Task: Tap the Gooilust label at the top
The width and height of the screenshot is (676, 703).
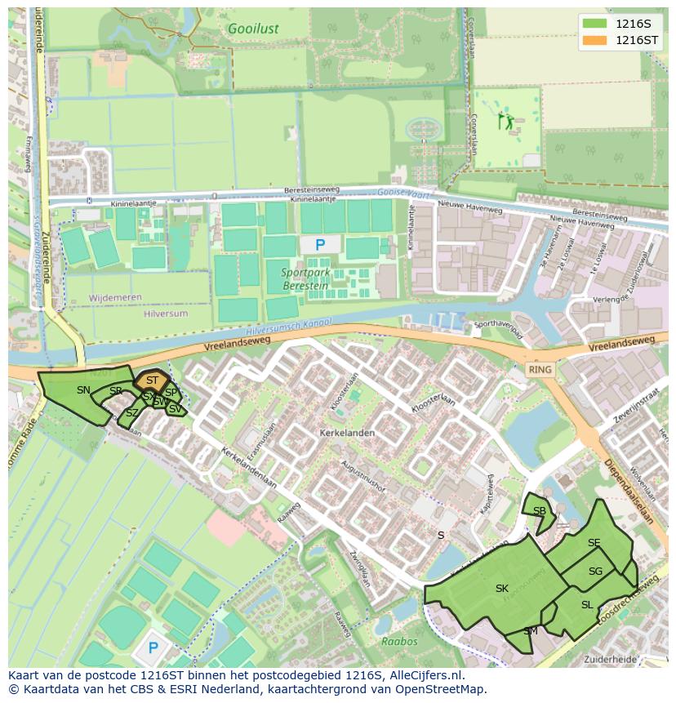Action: pyautogui.click(x=253, y=29)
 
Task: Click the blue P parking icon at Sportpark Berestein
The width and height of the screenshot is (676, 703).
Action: pyautogui.click(x=320, y=244)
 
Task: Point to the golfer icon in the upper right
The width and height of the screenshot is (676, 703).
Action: pyautogui.click(x=507, y=122)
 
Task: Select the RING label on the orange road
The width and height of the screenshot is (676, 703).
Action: pyautogui.click(x=540, y=370)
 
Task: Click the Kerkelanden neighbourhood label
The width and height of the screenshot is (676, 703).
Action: pyautogui.click(x=348, y=433)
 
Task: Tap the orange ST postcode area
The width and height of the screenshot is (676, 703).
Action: pyautogui.click(x=152, y=380)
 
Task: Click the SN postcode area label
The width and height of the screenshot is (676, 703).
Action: pyautogui.click(x=83, y=390)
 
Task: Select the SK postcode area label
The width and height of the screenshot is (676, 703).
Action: pyautogui.click(x=502, y=588)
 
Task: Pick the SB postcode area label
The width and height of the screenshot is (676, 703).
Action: pyautogui.click(x=539, y=511)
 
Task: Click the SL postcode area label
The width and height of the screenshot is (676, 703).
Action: pyautogui.click(x=587, y=605)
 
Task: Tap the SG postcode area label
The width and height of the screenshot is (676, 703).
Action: pyautogui.click(x=595, y=572)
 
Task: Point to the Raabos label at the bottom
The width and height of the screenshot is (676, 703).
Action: pyautogui.click(x=399, y=642)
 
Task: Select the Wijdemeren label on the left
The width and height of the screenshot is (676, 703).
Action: pyautogui.click(x=115, y=298)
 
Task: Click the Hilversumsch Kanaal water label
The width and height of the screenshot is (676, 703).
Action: pyautogui.click(x=288, y=328)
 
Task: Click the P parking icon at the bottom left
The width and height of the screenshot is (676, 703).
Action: pyautogui.click(x=153, y=649)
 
